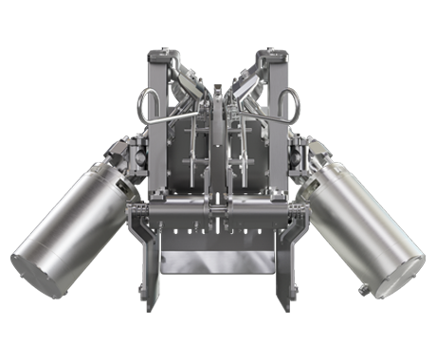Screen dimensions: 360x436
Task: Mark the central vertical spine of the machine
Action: (x=219, y=142)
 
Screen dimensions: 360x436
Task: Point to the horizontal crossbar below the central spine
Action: (x=219, y=207)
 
